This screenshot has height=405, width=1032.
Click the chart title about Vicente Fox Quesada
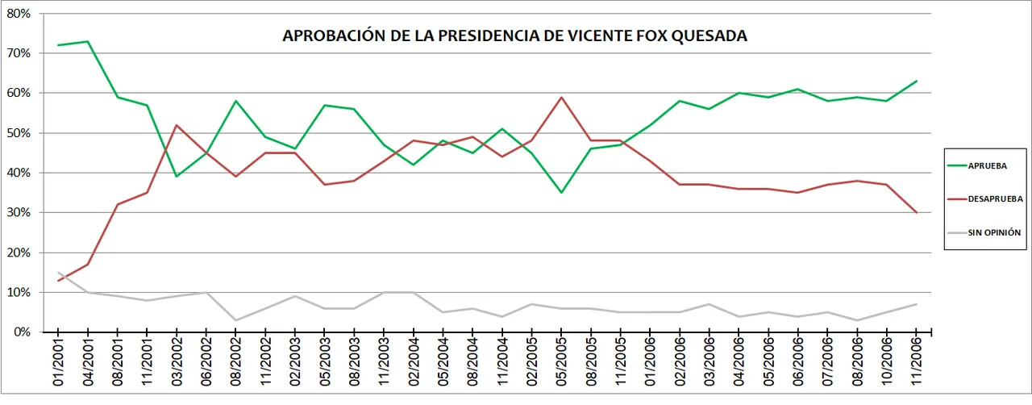[x=514, y=36]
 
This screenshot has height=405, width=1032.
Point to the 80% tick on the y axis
[x=19, y=14]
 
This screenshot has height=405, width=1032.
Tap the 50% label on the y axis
[x=19, y=133]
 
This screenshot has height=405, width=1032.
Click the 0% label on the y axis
[x=22, y=332]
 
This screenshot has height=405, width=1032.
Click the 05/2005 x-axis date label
[x=561, y=362]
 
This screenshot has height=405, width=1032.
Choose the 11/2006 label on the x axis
[x=917, y=362]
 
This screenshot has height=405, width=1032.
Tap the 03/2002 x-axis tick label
[x=177, y=362]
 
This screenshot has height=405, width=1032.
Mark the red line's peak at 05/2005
[x=561, y=98]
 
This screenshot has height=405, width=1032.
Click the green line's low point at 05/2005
[x=561, y=193]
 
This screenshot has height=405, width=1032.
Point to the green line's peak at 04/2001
[x=88, y=41]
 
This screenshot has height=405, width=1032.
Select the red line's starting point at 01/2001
[x=58, y=281]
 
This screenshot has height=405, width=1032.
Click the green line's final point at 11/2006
[x=917, y=81]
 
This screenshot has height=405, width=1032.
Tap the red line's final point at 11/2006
[x=917, y=213]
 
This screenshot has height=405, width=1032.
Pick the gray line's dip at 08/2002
[x=235, y=320]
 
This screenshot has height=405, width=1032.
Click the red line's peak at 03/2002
[x=177, y=125]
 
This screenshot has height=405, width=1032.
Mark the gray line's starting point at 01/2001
[x=58, y=273]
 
